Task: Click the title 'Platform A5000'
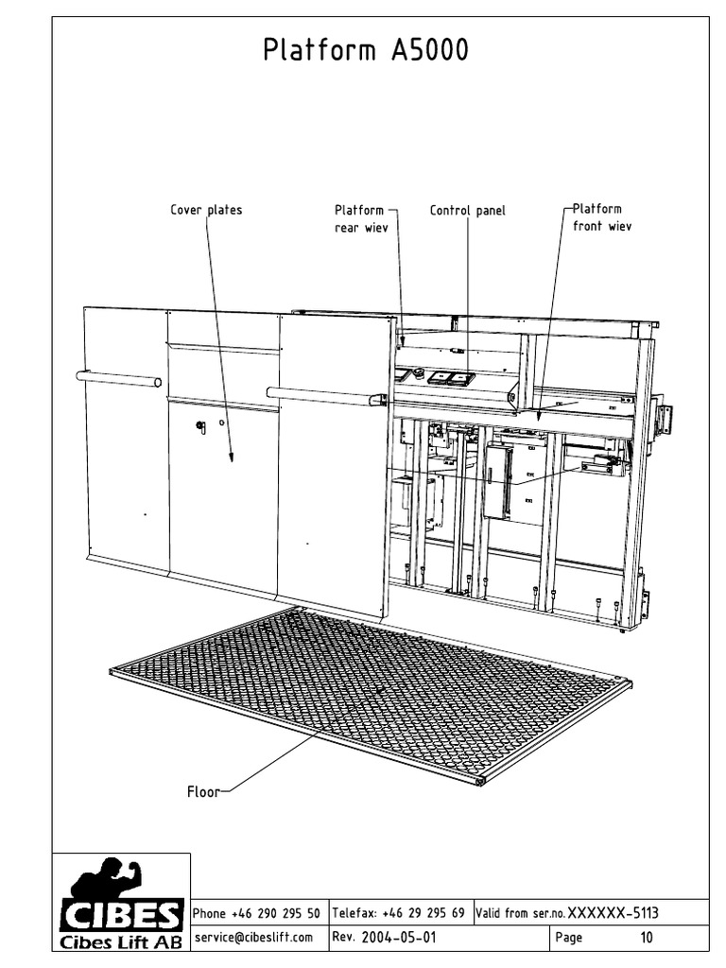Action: tap(366, 51)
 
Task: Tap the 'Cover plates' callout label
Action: tap(205, 210)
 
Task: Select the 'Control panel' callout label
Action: tap(467, 210)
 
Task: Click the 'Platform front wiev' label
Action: tap(602, 217)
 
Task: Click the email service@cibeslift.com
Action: tap(252, 938)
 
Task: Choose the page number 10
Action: tap(647, 938)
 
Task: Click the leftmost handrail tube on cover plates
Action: tap(119, 380)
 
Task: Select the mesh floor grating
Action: tap(369, 695)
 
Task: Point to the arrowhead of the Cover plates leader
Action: tap(230, 458)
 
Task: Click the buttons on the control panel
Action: tap(450, 377)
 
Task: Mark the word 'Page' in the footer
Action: tap(569, 938)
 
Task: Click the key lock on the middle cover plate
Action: tap(200, 427)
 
